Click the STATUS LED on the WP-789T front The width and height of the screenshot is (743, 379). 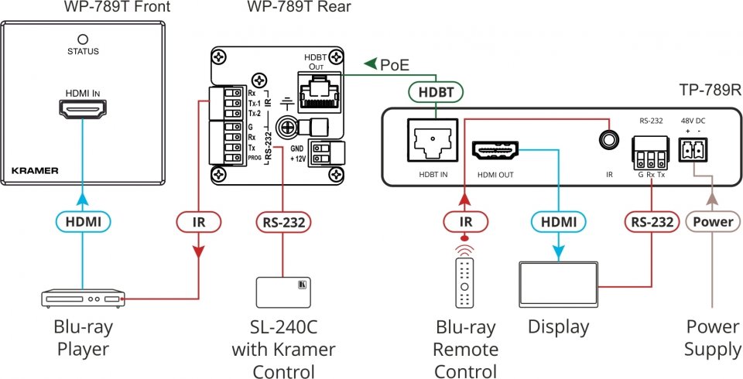pyautogui.click(x=82, y=39)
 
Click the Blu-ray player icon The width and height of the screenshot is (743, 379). pyautogui.click(x=82, y=299)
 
